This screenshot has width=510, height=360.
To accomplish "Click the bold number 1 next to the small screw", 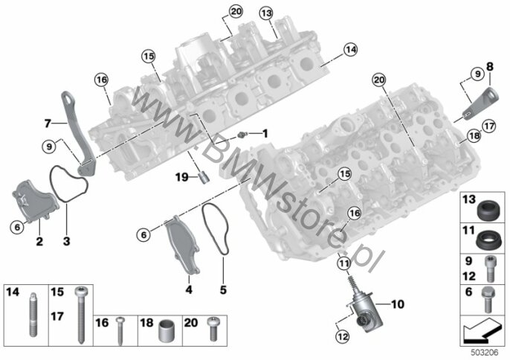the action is point(265,133).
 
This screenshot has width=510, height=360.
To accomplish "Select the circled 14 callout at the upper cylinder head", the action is point(350,50).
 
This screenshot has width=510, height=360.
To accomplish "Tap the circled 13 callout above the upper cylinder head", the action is point(266,13).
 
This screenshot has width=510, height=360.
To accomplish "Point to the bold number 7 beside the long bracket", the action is point(48,123).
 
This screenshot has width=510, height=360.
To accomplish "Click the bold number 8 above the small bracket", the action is point(489,67).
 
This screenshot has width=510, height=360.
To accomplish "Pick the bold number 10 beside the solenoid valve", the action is point(397,304).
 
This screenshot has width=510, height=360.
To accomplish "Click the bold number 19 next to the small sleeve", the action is point(182,177).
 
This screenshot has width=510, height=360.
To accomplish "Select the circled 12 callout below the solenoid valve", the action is point(343,336).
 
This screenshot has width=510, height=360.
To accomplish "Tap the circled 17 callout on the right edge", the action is point(489,126).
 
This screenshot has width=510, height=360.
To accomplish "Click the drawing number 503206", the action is point(485,353).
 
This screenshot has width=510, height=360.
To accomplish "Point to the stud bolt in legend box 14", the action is point(33,314).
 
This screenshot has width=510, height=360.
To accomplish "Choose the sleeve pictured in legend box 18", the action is point(166,331).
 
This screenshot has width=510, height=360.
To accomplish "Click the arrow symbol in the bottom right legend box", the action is point(482,330).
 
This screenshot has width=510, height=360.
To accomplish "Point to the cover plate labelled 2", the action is point(35,202).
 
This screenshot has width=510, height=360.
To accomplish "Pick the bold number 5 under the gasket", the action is point(223,289).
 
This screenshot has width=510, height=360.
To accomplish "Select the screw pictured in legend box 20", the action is point(212,329).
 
